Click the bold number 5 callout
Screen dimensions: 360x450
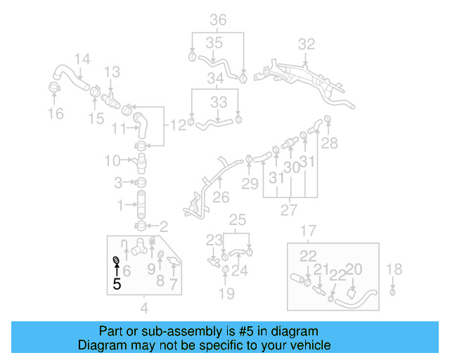pos(117,283)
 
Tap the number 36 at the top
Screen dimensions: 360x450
pos(218,20)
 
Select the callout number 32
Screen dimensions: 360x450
pos(306,44)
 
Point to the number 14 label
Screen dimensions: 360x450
pos(82,59)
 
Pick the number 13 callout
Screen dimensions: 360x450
pos(112,72)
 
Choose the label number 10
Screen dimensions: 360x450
pos(112,161)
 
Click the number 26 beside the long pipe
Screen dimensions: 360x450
pos(221,198)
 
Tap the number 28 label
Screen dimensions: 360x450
pos(329,143)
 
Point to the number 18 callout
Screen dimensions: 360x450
pos(394,269)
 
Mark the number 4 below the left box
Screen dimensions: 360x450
pos(144,307)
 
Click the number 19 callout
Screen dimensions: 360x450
pos(226,292)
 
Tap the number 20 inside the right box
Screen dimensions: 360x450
pos(354,269)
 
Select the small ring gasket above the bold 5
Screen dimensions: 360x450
pos(116,262)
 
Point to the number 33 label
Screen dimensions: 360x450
pos(219,102)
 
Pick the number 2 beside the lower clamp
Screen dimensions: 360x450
pos(164,226)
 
